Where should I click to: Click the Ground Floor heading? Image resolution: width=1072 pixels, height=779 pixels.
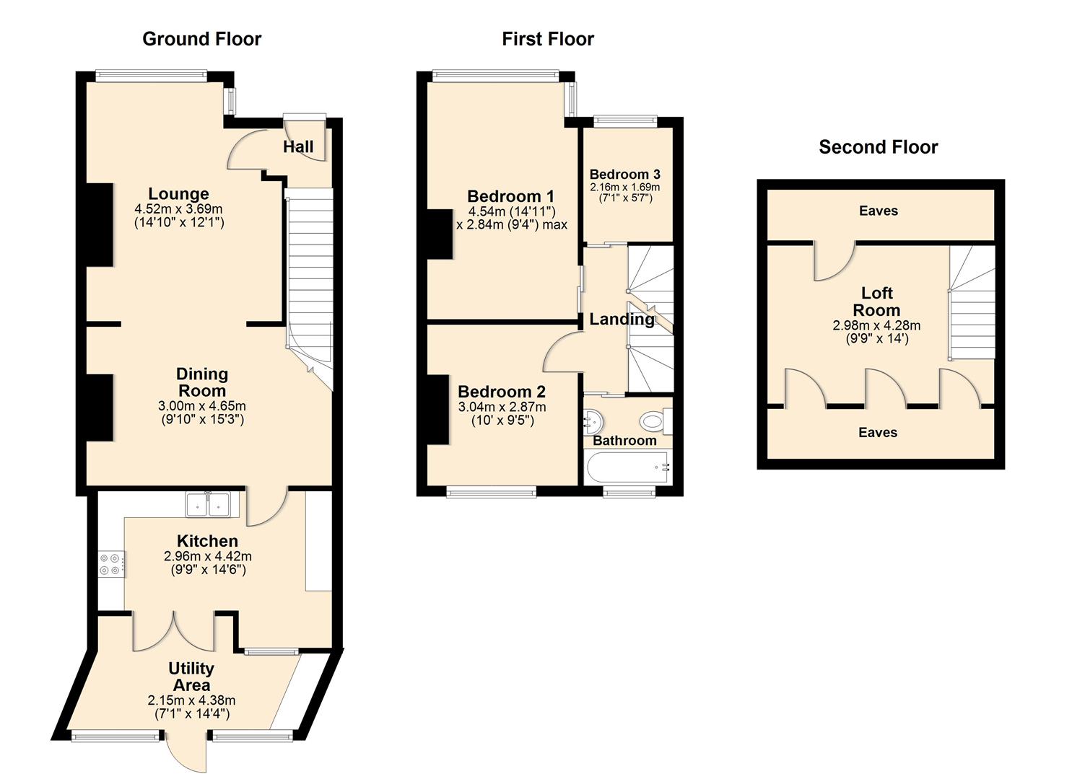pos(201,39)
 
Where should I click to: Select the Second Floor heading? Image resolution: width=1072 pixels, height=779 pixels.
pos(878,147)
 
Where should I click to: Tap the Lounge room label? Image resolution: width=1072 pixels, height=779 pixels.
pos(178,194)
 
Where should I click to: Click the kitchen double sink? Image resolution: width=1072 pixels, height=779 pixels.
pos(208,504)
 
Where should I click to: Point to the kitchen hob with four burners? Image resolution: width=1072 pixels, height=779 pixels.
pos(111,563)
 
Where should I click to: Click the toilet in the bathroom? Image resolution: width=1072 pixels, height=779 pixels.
pos(654,421)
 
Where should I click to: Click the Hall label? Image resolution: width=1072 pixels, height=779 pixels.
pos(298,147)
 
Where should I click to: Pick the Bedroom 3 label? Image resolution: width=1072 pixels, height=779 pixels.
pos(624,175)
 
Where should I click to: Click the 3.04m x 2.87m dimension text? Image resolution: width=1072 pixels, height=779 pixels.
pos(502,407)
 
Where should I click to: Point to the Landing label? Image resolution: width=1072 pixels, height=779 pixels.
pos(622,319)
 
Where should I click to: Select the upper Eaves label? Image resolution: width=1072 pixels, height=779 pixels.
pos(878,211)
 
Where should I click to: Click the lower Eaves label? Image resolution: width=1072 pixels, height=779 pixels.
pos(877,432)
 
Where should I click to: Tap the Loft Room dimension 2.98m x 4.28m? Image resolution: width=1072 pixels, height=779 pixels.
pos(876,325)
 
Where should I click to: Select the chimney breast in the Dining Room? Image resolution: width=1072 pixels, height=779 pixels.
pos(100,407)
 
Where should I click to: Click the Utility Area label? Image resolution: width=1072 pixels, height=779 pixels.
pos(191,677)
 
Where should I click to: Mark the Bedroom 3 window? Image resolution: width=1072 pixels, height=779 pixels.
pos(624,121)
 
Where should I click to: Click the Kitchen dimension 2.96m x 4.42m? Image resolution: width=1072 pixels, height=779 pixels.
pos(208,556)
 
